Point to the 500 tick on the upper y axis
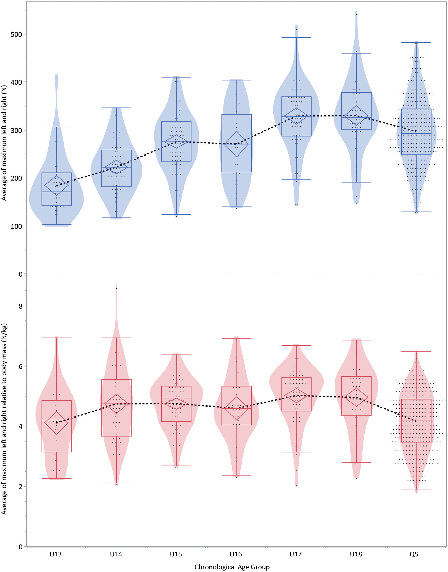click(x=16, y=34)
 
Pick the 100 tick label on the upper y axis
click(x=16, y=226)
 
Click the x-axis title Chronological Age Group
click(x=232, y=567)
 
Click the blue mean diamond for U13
click(x=56, y=185)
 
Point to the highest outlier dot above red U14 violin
click(x=117, y=288)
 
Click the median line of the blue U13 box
click(x=56, y=192)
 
